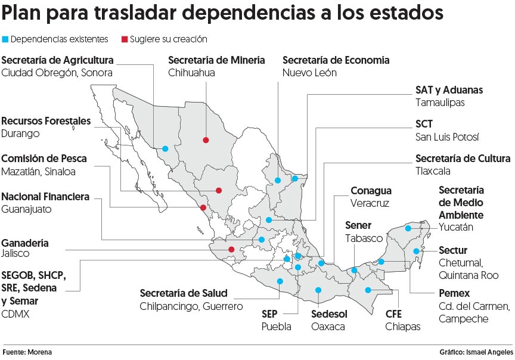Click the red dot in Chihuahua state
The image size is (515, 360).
pyautogui.click(x=206, y=140)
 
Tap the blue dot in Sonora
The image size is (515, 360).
pyautogui.click(x=165, y=148)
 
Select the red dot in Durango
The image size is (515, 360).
pyautogui.click(x=219, y=191)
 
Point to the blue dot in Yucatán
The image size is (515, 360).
pyautogui.click(x=408, y=228)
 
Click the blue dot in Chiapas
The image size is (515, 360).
pyautogui.click(x=368, y=290)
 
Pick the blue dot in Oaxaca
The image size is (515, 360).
pyautogui.click(x=318, y=290)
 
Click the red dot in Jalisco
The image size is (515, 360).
pyautogui.click(x=231, y=250)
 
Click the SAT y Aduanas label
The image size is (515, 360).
pyautogui.click(x=449, y=90)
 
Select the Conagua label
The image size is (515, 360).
pyautogui.click(x=371, y=191)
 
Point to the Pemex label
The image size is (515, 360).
pyautogui.click(x=454, y=293)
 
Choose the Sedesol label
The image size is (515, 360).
pyautogui.click(x=329, y=314)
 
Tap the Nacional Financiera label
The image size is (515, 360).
pyautogui.click(x=45, y=197)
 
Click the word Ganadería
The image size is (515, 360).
pyautogui.click(x=25, y=243)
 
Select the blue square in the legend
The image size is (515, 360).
pyautogui.click(x=5, y=40)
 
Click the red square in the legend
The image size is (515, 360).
pyautogui.click(x=125, y=40)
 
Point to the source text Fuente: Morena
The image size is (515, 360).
pyautogui.click(x=26, y=352)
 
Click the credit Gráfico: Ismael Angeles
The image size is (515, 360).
pyautogui.click(x=476, y=352)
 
